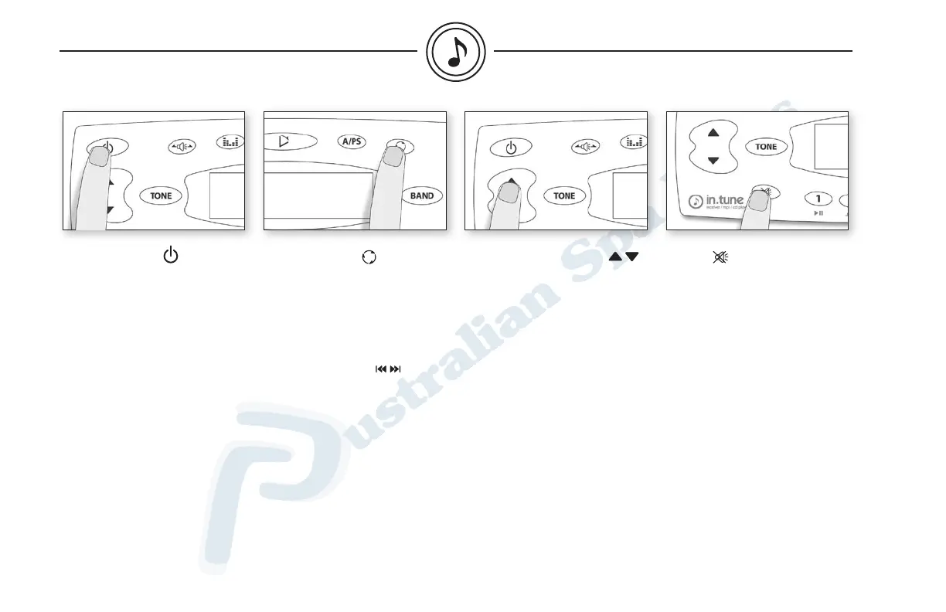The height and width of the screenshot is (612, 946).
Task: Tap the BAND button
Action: tap(422, 195)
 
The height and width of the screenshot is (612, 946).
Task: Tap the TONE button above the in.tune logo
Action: tap(766, 146)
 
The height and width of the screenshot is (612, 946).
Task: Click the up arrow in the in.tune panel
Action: tap(713, 133)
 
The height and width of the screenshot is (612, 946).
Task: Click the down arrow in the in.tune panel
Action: tap(713, 161)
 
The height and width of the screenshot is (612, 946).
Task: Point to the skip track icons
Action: tap(388, 369)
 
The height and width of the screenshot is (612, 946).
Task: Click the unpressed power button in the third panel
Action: tap(511, 146)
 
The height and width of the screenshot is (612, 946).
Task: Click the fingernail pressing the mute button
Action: tap(758, 200)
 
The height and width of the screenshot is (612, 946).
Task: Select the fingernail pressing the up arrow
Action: tap(509, 193)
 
